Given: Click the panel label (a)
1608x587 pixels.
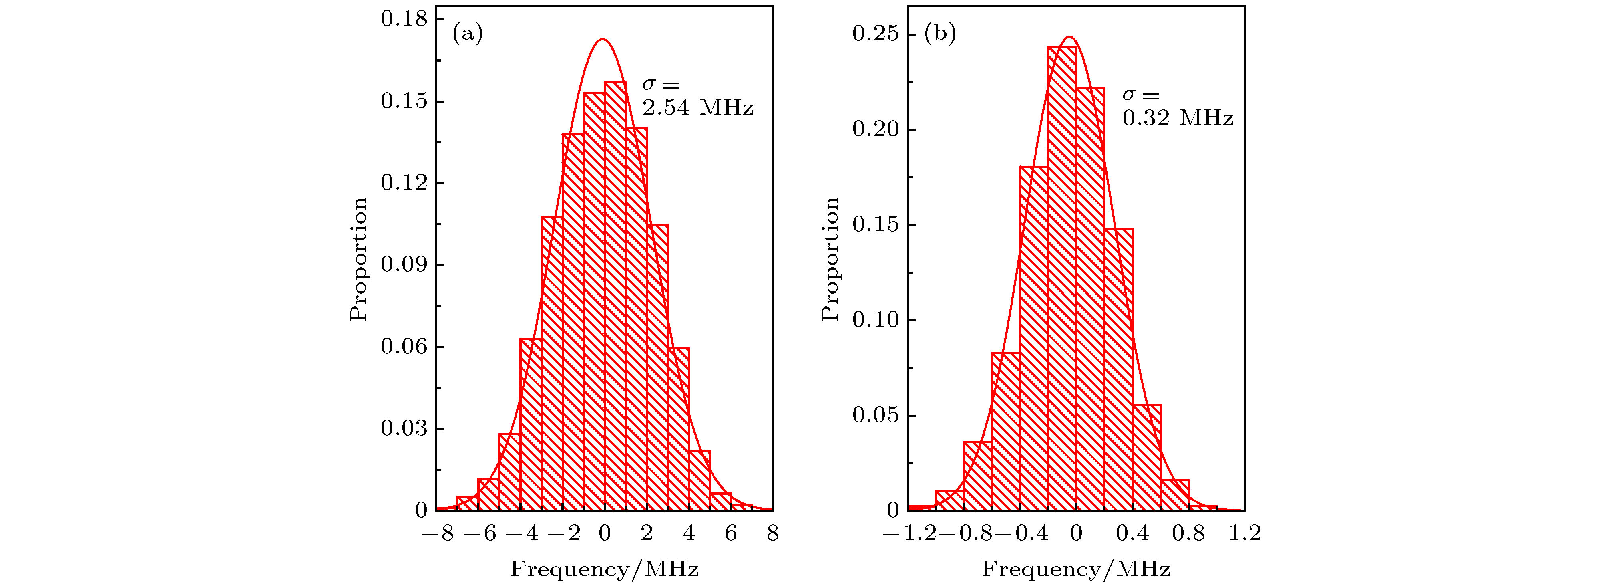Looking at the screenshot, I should point(468,34).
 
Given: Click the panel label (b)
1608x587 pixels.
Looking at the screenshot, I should point(939,34).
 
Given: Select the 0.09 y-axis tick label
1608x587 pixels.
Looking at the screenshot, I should point(404,265).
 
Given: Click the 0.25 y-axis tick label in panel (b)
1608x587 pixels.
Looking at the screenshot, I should point(876,34).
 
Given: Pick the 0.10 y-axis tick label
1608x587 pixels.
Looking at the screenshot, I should point(876,321).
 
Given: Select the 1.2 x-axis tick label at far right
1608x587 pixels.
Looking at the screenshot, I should point(1245,534).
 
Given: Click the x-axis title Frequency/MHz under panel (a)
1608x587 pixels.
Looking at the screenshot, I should point(604,569).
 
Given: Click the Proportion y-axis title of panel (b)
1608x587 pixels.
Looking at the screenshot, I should point(830,259).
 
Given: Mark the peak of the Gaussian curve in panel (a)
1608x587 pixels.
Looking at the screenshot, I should point(603,39).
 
